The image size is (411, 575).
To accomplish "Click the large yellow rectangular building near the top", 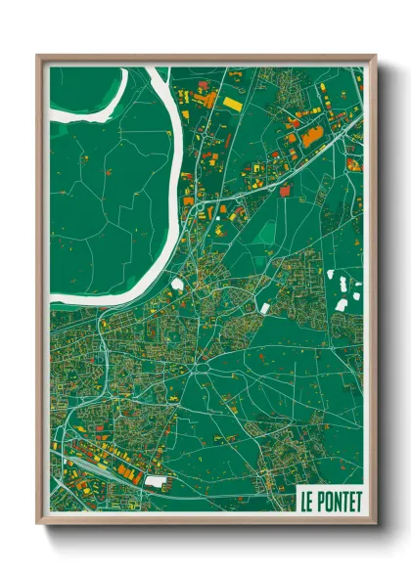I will pos(232,102).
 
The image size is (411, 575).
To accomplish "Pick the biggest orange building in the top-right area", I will pos(311,136).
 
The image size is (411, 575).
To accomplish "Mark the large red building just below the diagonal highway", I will pos(285,192).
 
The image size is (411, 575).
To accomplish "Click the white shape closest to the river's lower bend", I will pos(177,286).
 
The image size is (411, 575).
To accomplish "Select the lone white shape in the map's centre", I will pos(262,308).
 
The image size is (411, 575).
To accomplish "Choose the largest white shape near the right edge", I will pos(341,304).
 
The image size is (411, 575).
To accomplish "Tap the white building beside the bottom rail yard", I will pos(156,480).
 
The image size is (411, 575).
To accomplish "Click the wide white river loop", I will pos(176,196).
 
